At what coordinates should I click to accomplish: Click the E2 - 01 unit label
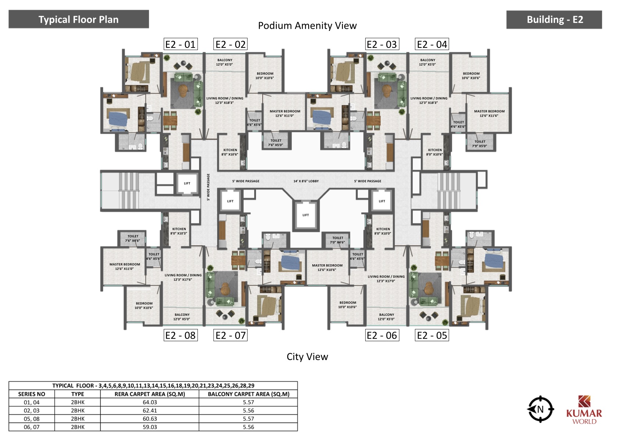181,44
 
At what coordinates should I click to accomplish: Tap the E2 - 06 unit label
382,335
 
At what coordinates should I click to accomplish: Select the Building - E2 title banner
554,20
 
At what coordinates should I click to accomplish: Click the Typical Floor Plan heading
78,20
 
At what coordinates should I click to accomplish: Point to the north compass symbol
540,409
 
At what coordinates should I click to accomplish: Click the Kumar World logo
584,410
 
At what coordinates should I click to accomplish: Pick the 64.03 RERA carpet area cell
149,402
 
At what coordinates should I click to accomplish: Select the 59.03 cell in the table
149,427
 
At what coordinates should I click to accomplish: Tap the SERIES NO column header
32,394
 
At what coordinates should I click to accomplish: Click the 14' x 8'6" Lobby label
306,181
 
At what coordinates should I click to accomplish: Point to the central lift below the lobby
306,215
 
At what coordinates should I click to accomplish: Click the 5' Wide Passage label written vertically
209,187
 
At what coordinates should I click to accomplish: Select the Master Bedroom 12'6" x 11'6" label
489,113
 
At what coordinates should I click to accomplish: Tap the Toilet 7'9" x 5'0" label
480,144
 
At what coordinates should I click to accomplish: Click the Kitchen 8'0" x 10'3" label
179,231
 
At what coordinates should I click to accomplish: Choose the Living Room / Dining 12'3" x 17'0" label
386,279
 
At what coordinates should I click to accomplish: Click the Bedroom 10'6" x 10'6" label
471,76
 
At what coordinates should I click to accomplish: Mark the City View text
307,357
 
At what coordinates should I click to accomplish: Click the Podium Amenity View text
307,25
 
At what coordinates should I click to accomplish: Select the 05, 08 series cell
32,418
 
